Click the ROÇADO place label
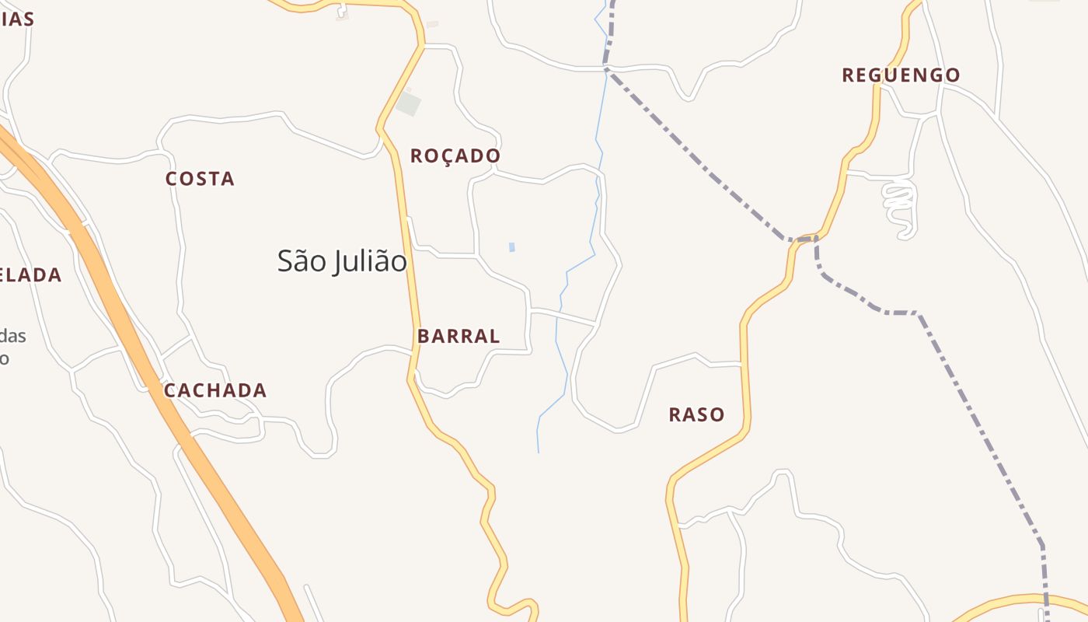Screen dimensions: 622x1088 (455, 156)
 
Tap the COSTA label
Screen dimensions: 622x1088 (200, 179)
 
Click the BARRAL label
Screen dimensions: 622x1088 (459, 337)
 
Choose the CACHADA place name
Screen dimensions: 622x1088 (215, 390)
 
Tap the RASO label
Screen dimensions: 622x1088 (696, 414)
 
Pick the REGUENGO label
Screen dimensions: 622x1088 (901, 75)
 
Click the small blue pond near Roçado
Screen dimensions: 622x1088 (511, 247)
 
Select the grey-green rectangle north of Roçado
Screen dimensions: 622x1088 (408, 104)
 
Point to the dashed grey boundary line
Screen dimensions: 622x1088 (699, 163)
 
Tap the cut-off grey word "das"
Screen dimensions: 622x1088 (12, 336)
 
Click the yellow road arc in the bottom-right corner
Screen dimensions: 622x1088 (1010, 600)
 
